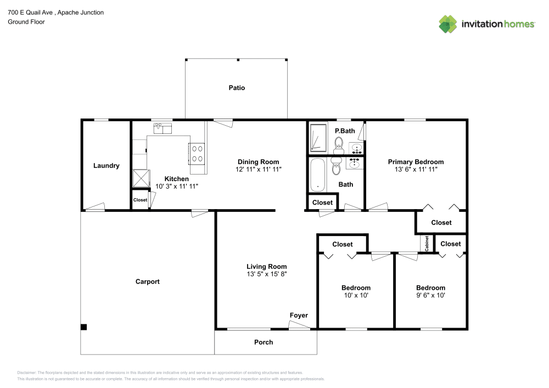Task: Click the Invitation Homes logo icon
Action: click(448, 24)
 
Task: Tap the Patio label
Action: click(237, 88)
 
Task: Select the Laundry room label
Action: click(107, 166)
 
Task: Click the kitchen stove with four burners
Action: click(197, 154)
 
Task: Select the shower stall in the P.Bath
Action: click(318, 138)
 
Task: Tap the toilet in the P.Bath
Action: click(339, 144)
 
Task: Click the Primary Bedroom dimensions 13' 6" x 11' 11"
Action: click(416, 170)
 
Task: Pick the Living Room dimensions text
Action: click(267, 274)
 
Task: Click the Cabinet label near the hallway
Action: click(427, 244)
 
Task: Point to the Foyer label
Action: click(299, 316)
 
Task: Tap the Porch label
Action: click(264, 342)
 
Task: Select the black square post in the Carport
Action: click(84, 327)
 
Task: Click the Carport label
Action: click(148, 282)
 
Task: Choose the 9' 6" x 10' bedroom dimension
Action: click(430, 295)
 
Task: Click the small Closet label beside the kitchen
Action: click(140, 200)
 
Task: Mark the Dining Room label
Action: click(258, 162)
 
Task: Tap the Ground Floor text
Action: click(26, 22)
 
